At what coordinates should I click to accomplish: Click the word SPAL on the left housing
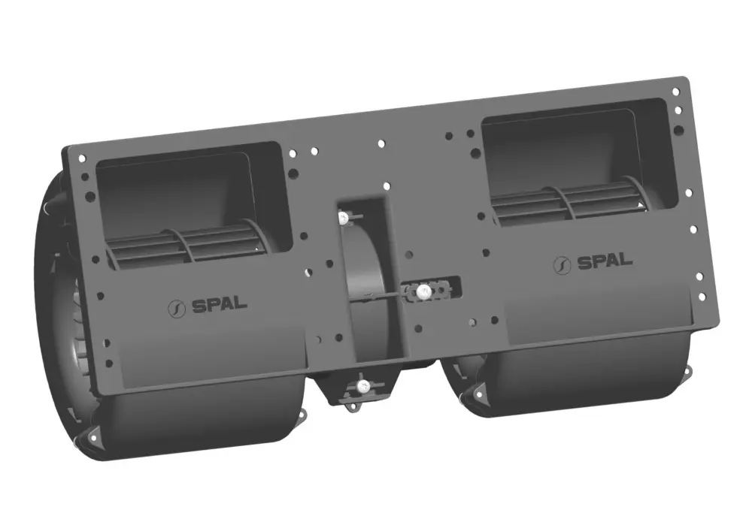pos(220,304)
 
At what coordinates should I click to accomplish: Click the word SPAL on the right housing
pos(605,261)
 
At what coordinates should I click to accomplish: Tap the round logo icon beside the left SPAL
pos(177,309)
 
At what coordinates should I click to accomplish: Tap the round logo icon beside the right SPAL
pos(562,266)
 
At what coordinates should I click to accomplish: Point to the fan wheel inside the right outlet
pos(571,201)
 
